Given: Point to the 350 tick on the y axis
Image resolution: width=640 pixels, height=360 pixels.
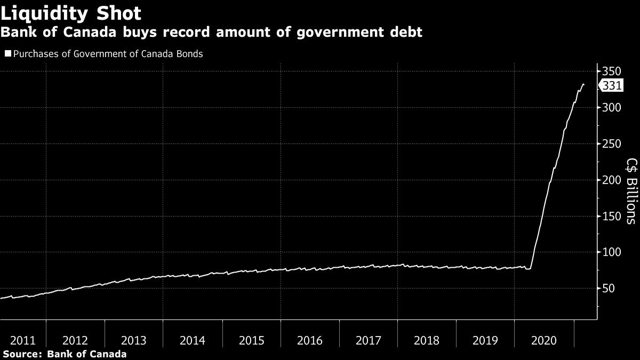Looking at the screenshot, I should coord(611,71).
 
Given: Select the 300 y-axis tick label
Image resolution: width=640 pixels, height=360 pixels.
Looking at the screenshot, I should coord(611,108).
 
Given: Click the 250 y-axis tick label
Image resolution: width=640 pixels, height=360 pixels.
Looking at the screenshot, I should coord(611,144).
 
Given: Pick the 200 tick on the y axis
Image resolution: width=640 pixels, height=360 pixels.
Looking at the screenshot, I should coord(611,180).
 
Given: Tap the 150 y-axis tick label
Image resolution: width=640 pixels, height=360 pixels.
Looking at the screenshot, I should coord(611,216).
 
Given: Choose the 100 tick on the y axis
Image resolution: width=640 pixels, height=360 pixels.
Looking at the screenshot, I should coord(611,252).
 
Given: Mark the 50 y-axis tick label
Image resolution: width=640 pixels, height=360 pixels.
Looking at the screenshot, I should coord(608,289).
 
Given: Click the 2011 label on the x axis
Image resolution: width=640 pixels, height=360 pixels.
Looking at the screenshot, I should coord(23,341).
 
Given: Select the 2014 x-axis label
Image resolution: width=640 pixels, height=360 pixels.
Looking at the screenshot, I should coord(192,341).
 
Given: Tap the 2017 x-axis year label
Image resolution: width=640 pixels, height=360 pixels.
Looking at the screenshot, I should coord(368,341).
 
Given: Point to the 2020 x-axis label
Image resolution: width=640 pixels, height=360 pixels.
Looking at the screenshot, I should coord(544,341).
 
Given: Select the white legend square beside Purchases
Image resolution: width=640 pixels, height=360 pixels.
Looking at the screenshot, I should coord(7,54).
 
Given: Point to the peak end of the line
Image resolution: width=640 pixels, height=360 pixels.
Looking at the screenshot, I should coord(583,84).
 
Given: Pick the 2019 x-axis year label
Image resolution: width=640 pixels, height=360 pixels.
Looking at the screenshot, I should coord(485,341).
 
